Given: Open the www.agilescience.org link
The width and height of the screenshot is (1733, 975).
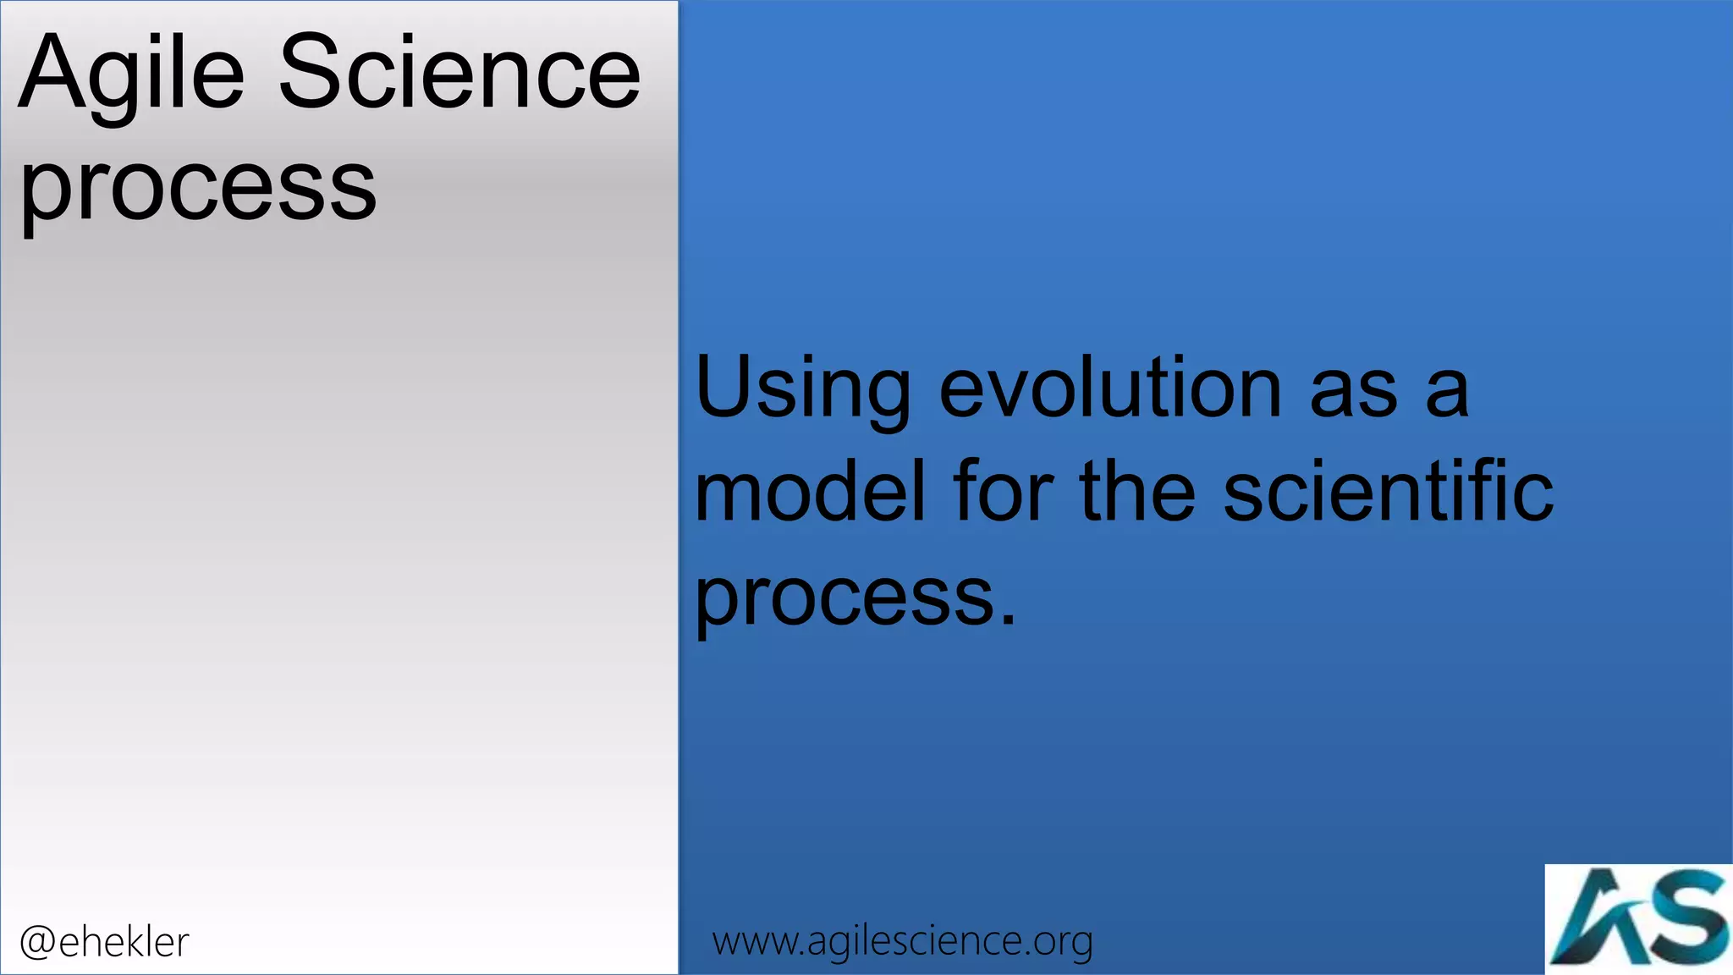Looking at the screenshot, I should pyautogui.click(x=902, y=941).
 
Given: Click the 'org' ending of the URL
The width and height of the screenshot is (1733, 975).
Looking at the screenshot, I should pyautogui.click(x=1062, y=943).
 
